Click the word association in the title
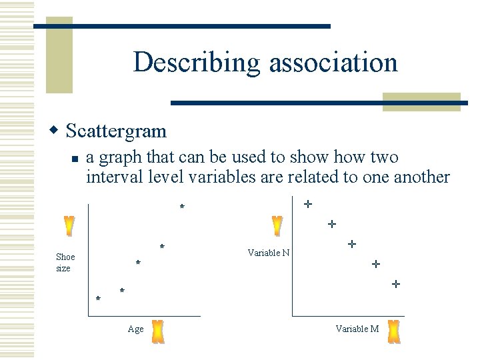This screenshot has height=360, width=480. [x=334, y=62]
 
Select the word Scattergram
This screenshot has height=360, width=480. [x=117, y=131]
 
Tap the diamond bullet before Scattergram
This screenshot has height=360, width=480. [x=57, y=129]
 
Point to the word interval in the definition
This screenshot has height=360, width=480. [x=110, y=177]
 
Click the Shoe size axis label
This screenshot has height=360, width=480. [x=65, y=262]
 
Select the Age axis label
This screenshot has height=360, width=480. [x=135, y=329]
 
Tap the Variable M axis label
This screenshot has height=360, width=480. [x=357, y=329]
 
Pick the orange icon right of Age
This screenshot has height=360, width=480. [x=158, y=331]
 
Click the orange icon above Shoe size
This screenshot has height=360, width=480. [x=69, y=227]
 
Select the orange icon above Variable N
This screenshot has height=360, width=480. [x=277, y=227]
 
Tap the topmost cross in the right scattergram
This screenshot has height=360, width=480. [x=307, y=203]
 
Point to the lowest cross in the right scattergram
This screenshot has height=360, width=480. [x=395, y=284]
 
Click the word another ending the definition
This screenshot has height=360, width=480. [x=421, y=177]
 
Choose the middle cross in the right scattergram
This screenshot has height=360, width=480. [x=351, y=245]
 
